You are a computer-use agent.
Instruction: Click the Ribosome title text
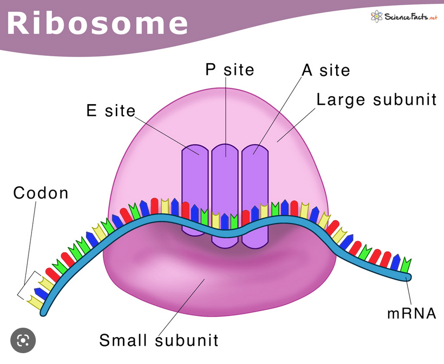click(97, 23)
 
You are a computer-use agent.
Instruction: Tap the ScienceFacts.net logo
click(404, 17)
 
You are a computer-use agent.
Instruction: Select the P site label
click(230, 69)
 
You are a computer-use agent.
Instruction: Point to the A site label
click(326, 70)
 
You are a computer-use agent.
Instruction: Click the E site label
click(111, 110)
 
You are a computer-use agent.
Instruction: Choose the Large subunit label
click(376, 100)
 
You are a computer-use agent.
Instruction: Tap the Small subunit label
click(159, 340)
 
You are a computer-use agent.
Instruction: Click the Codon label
click(41, 193)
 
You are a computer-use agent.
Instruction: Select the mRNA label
click(412, 313)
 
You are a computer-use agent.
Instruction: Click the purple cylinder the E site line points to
click(195, 190)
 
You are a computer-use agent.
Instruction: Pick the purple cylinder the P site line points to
click(225, 196)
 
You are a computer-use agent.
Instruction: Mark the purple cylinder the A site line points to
click(255, 196)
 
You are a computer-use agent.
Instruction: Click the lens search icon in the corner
click(23, 340)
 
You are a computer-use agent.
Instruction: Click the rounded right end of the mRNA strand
click(408, 277)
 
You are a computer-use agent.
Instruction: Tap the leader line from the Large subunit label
click(296, 125)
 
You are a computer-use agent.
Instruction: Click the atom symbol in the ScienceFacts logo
click(377, 17)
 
